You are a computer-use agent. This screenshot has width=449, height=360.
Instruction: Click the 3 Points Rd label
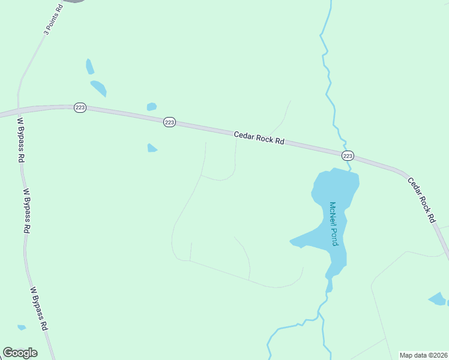[52, 20]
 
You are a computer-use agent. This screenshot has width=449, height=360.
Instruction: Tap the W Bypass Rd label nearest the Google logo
[38, 308]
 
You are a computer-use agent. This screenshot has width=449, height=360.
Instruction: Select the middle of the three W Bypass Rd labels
[27, 211]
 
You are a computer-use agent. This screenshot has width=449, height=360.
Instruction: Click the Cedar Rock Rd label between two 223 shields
[259, 139]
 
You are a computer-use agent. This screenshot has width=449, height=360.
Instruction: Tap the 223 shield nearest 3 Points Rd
[80, 107]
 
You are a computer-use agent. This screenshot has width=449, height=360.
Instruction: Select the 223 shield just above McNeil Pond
[348, 156]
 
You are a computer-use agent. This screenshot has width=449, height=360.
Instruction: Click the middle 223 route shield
[169, 122]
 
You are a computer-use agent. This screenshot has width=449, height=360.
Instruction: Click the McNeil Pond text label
[333, 223]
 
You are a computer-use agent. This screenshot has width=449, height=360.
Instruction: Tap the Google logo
[20, 353]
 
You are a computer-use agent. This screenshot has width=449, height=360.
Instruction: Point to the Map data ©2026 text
[423, 355]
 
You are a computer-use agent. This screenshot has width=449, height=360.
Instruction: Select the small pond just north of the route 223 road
[152, 107]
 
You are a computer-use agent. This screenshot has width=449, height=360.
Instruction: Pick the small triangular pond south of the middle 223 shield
[152, 148]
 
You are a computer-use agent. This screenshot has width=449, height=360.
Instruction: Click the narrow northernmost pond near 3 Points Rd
[90, 66]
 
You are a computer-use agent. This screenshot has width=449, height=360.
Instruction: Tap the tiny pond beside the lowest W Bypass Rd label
[22, 327]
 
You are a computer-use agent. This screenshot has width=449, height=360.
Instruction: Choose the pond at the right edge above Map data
[438, 298]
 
